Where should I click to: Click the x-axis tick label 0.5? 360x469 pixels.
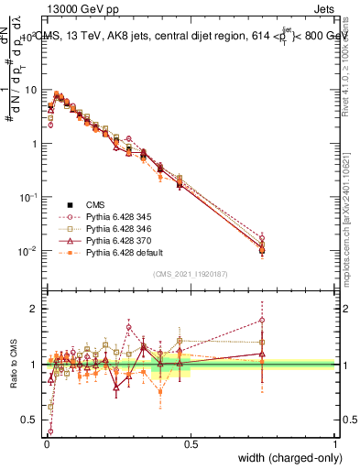point(191,443)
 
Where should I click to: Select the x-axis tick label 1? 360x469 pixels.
point(335,443)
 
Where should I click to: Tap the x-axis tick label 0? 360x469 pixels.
point(47,443)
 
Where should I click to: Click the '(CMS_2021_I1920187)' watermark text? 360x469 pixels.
point(191,273)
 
